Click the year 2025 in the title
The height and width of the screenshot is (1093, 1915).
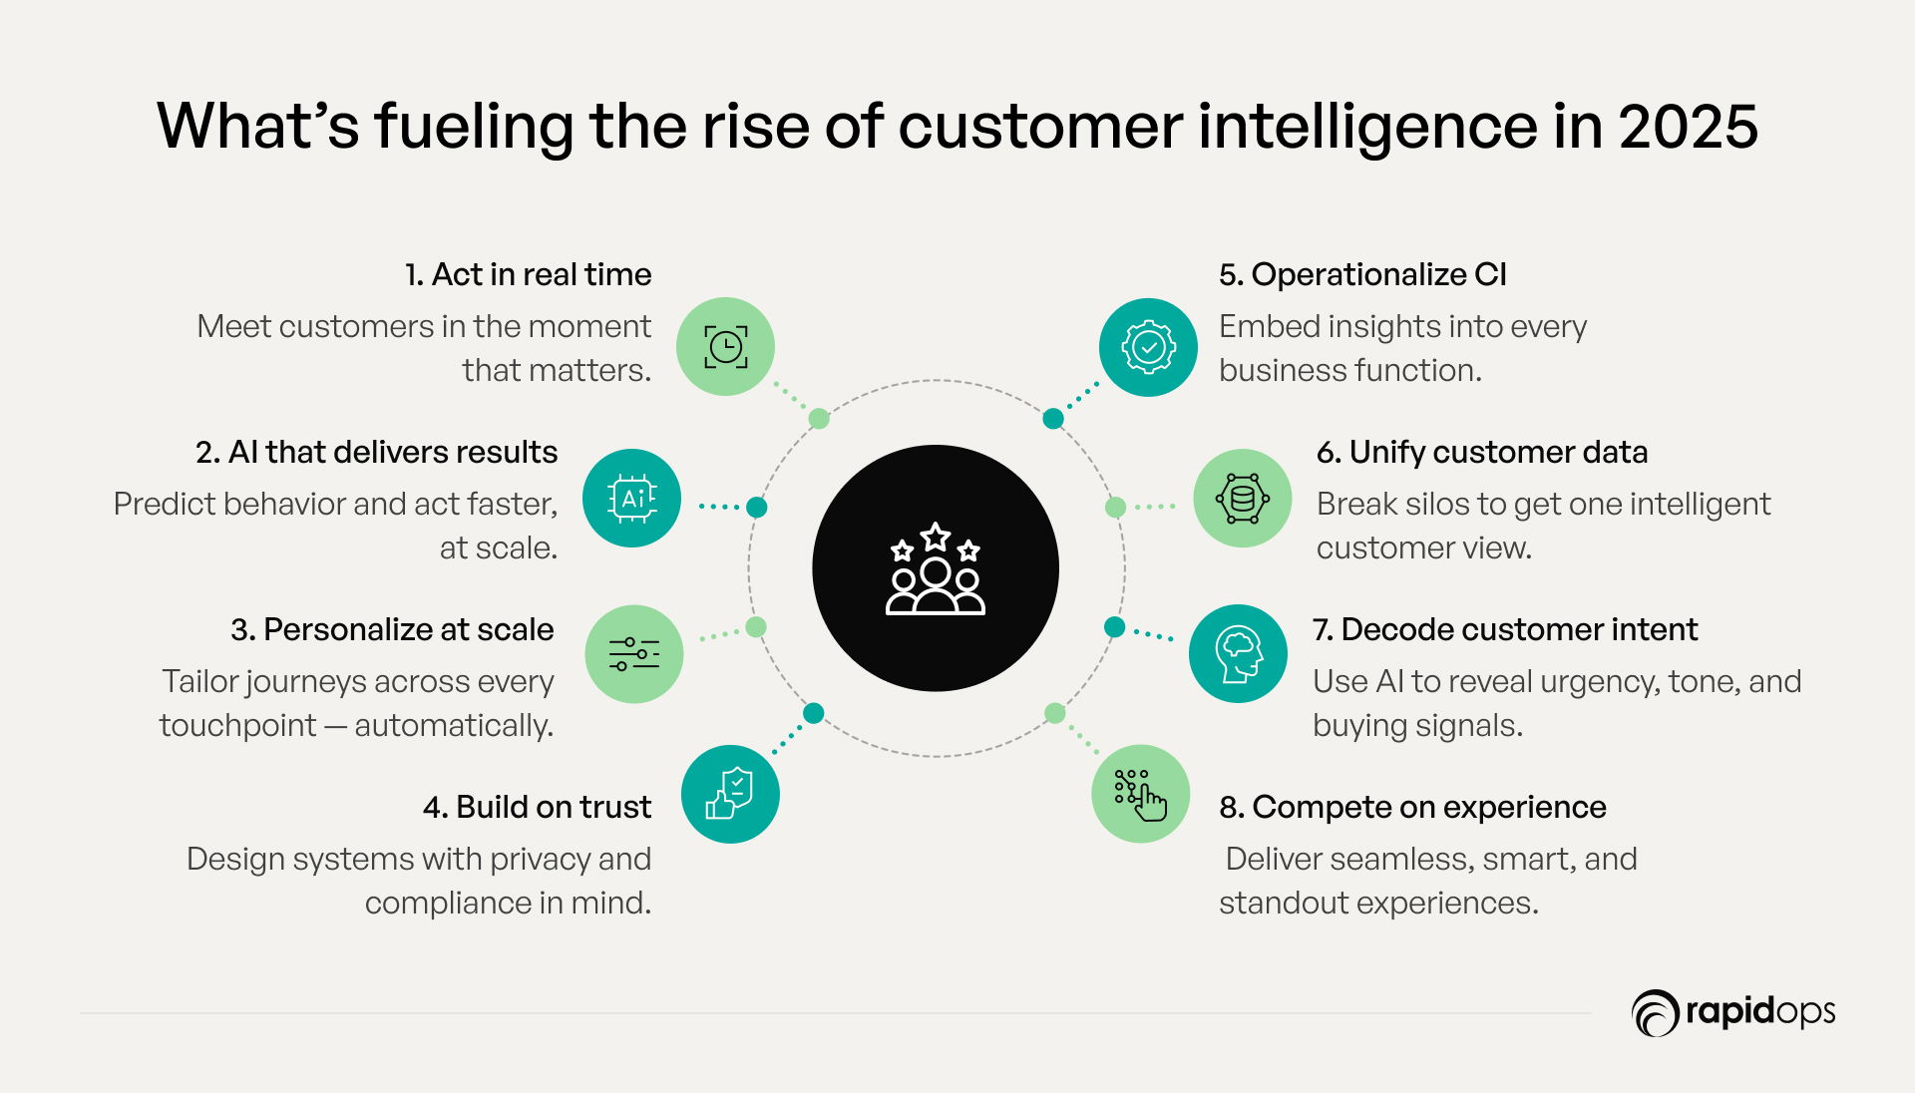pos(1688,127)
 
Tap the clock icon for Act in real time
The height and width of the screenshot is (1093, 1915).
pos(725,347)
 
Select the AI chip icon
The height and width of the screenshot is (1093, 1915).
pos(632,498)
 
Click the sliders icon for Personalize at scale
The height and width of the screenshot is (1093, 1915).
pos(634,654)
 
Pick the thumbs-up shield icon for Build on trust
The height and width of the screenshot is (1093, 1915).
pos(730,794)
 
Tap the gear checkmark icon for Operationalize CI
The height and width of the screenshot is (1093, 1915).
pos(1148,347)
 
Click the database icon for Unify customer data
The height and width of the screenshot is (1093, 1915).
pos(1243,498)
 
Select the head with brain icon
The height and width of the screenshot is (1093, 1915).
pos(1239,654)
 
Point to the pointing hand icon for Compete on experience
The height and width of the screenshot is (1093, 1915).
pos(1141,794)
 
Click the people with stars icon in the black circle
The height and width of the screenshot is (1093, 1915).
pos(936,568)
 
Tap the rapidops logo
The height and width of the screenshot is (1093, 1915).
pos(1733,1013)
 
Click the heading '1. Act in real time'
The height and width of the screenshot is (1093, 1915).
pos(528,274)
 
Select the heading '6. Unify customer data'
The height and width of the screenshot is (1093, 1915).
pos(1482,452)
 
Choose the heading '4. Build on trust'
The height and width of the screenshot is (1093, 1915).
pos(537,807)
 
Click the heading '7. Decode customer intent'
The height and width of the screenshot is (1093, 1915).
pos(1505,629)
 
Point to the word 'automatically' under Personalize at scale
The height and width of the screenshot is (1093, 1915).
pos(453,726)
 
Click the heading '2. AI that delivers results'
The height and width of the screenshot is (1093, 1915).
pos(377,452)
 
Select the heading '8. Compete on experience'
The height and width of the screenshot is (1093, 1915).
pos(1412,807)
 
